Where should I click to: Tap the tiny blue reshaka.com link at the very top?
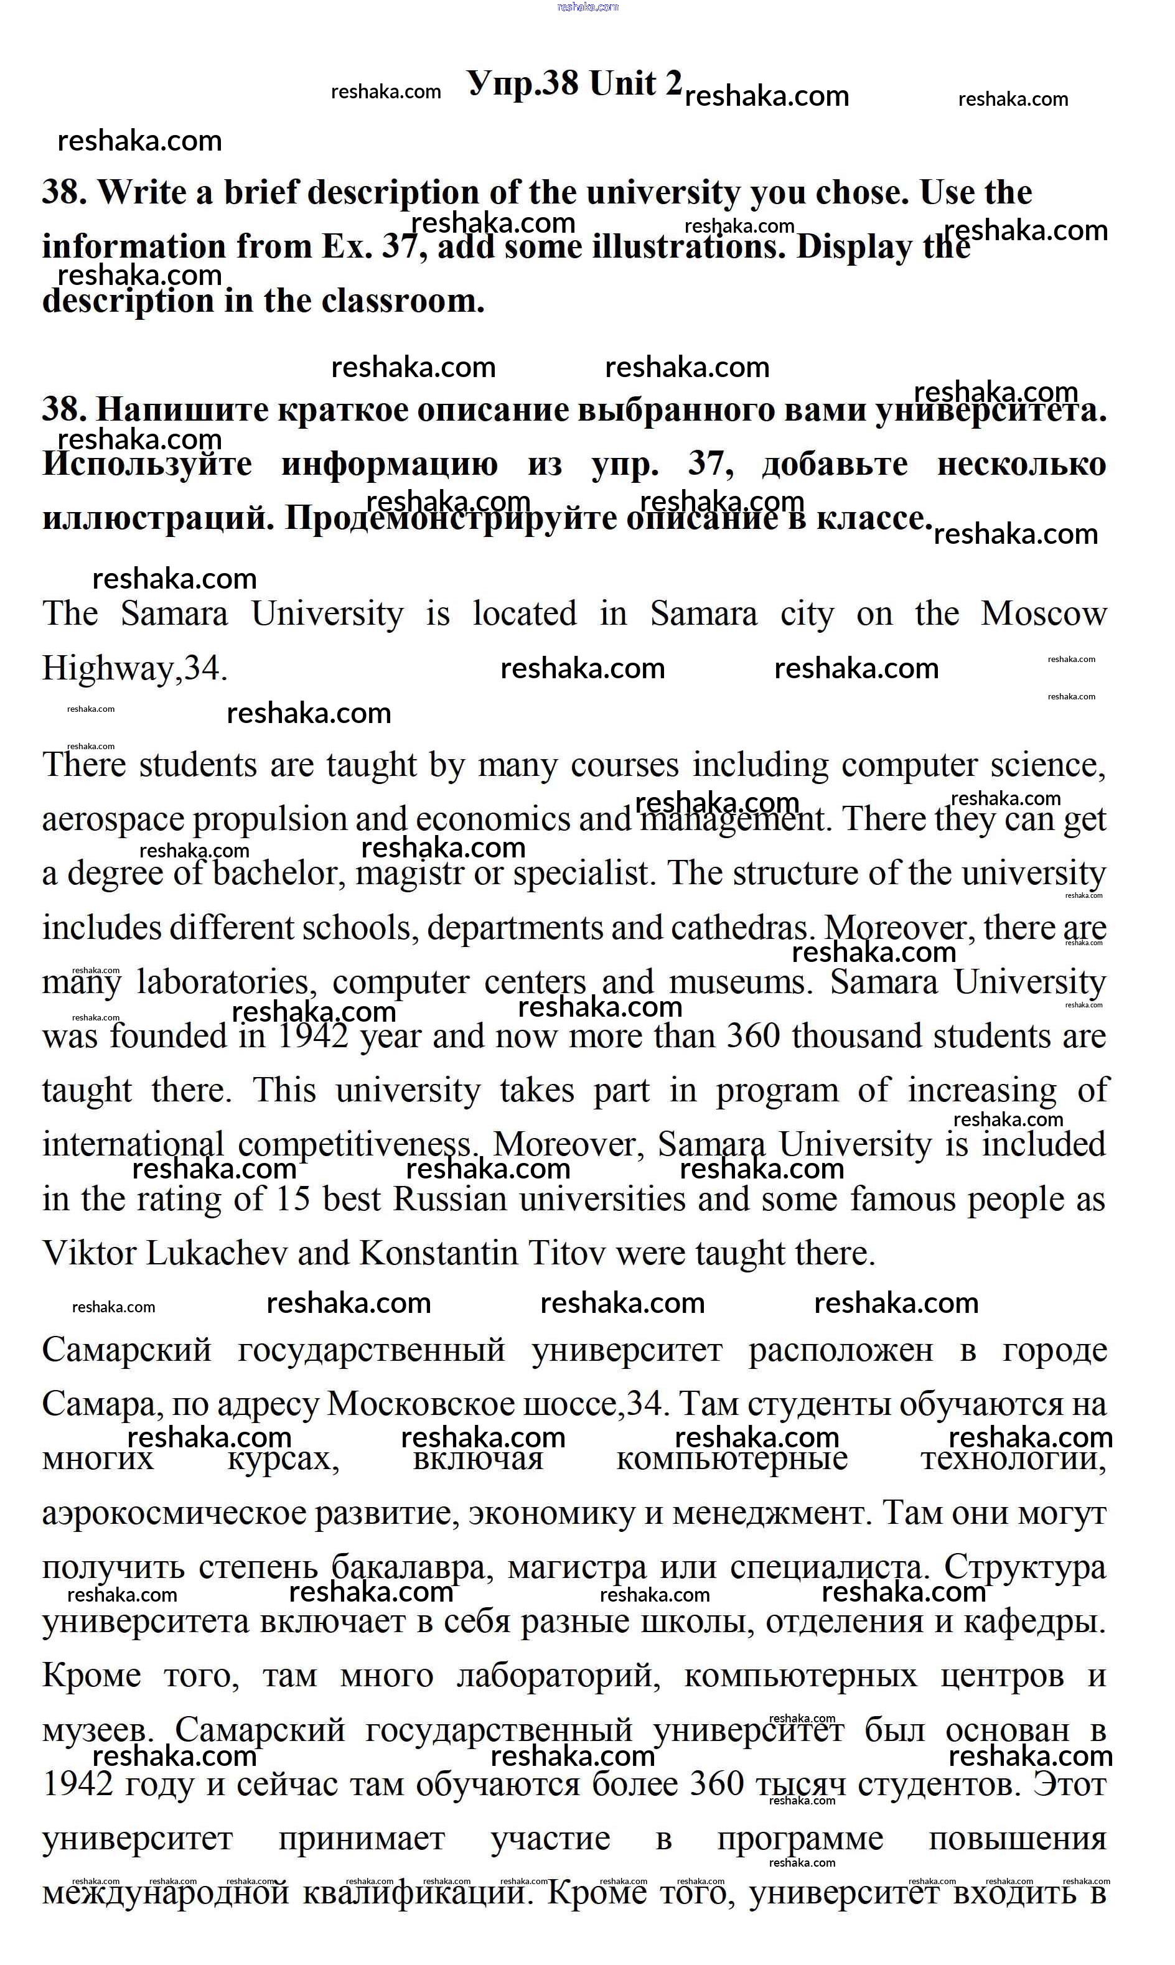(x=587, y=7)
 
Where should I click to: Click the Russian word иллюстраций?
(x=157, y=518)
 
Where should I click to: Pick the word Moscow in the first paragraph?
(x=1043, y=614)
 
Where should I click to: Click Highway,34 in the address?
(x=134, y=669)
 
